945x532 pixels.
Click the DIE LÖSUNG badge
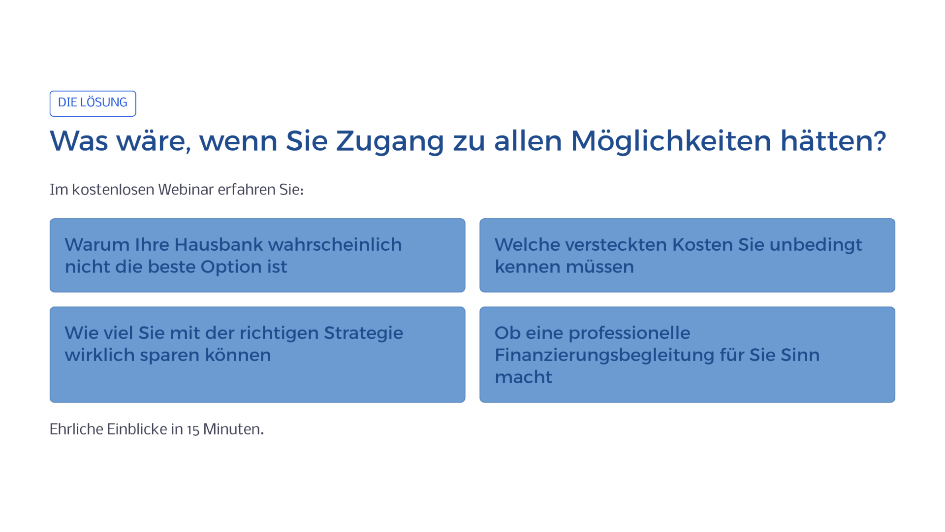click(93, 103)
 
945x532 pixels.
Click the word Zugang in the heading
click(390, 142)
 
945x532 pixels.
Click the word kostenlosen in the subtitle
click(113, 190)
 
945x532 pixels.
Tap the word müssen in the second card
click(600, 267)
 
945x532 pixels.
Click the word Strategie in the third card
click(364, 333)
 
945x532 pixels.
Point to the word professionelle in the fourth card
click(630, 333)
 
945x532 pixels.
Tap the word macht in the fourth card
click(524, 377)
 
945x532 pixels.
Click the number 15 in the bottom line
click(193, 430)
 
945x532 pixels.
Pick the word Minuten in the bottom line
click(231, 430)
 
